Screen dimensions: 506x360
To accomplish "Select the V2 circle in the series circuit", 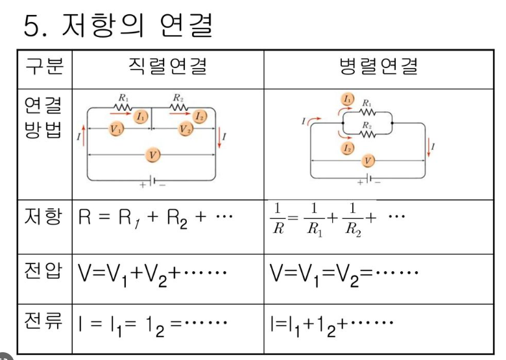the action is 186,128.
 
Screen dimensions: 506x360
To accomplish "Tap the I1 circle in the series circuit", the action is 141,117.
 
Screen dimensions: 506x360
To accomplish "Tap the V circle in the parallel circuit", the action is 368,160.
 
